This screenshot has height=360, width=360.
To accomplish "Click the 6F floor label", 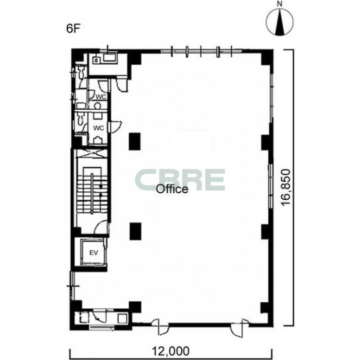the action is click(x=73, y=28).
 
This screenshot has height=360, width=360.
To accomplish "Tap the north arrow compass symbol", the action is click(x=280, y=22).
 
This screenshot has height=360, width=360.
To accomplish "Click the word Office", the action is click(x=172, y=189).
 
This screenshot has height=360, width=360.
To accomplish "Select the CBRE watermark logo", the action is click(x=180, y=180).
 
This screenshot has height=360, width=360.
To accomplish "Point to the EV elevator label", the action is click(x=94, y=253).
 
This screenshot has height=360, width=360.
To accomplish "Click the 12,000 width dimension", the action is click(x=171, y=351).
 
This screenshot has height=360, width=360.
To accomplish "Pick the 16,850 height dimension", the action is click(x=286, y=187).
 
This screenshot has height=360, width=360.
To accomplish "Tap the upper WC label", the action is click(x=101, y=97).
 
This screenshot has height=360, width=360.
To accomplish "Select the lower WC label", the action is click(x=99, y=128).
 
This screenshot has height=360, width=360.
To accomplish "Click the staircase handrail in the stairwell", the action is click(x=92, y=194).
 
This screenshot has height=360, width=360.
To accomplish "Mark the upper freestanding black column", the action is click(x=134, y=142).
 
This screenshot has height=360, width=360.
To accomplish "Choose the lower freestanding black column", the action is click(x=136, y=232).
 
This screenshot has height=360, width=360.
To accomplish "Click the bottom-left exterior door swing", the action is click(x=160, y=326).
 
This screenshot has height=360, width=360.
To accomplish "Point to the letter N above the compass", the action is click(x=280, y=4).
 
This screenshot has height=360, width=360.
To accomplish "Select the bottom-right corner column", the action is click(x=267, y=308).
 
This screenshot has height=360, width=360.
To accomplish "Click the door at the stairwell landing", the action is click(x=102, y=227).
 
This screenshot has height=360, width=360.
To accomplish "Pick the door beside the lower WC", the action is click(x=115, y=127).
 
